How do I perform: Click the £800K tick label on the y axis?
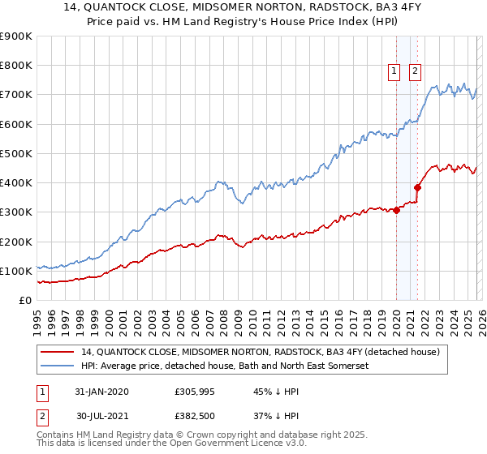(16, 66)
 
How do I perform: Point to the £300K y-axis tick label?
(16, 212)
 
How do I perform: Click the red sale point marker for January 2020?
(397, 211)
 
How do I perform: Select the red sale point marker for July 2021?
(418, 188)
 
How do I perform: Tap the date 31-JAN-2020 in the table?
(101, 392)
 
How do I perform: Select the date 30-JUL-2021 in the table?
(101, 415)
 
